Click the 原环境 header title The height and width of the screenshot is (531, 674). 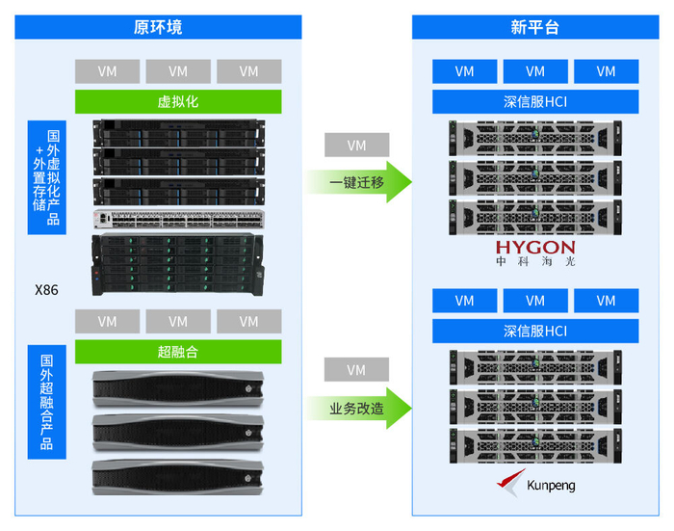point(158,27)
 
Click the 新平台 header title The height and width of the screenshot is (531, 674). point(534,27)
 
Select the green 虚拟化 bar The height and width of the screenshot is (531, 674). point(178,101)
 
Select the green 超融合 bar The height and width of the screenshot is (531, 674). point(178,351)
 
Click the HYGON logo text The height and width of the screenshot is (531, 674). point(535,248)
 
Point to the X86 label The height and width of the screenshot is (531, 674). point(46,288)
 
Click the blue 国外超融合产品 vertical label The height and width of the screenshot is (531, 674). point(46,402)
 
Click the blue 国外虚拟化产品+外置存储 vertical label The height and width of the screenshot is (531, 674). point(46,177)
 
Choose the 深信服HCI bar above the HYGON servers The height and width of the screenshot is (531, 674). point(535,101)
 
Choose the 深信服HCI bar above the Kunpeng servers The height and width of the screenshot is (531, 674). point(535,332)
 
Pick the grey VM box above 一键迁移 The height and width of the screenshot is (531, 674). point(357,146)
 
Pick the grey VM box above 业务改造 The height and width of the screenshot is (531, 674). point(357,370)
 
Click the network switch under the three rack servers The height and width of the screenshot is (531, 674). point(178,219)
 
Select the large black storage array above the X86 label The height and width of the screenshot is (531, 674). point(178,263)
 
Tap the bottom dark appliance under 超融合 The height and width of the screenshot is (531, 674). point(178,477)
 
